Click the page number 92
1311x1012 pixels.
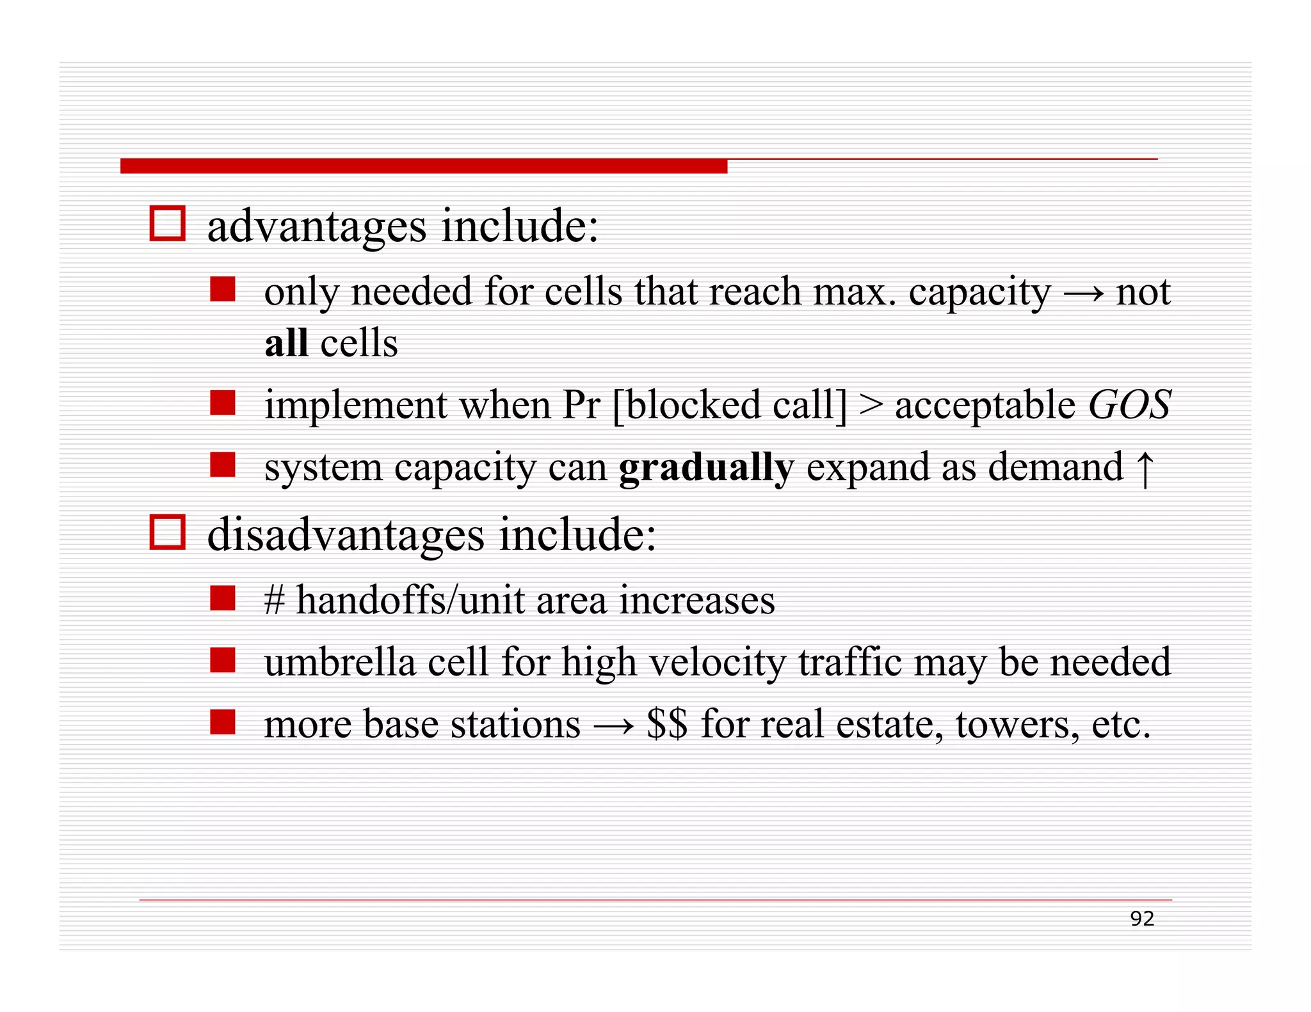1141,919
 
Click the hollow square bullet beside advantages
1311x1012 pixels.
167,223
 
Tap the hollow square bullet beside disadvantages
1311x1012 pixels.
167,532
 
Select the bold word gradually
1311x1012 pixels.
706,468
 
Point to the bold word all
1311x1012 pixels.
286,343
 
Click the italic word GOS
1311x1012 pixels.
1129,406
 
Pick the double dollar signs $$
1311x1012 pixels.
666,724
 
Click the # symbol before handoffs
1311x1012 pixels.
274,601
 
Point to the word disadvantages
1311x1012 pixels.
346,535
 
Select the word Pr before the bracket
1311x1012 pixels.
581,406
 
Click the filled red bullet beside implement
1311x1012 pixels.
222,404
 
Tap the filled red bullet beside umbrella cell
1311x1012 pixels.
222,660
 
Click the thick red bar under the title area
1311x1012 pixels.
423,166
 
